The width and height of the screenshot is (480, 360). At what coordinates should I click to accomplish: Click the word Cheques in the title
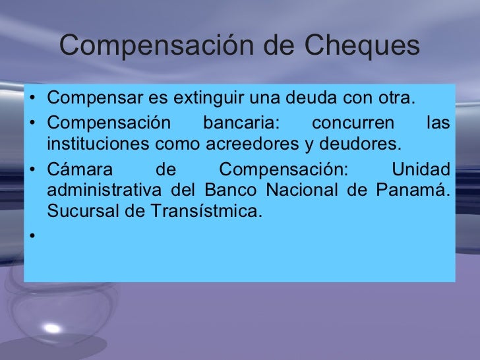363,46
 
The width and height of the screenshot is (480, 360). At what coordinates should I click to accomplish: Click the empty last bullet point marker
31,233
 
